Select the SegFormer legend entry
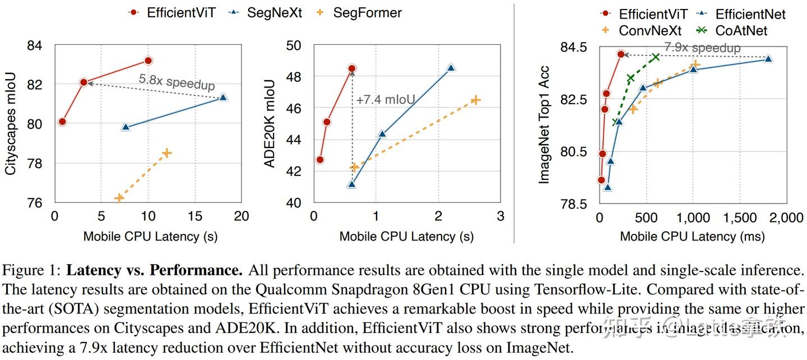tap(359, 12)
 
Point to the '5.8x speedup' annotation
tap(177, 82)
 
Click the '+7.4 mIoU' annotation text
tap(386, 100)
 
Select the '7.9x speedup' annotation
tap(702, 48)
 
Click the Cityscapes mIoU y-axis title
tap(10, 123)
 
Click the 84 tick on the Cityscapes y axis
tap(34, 45)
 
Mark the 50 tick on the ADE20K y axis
tap(294, 45)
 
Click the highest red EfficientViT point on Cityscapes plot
tap(148, 60)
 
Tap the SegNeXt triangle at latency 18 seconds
tap(223, 98)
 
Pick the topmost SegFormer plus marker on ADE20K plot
tap(475, 100)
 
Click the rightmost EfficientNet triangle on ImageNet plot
tap(768, 58)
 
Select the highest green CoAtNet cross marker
tap(655, 57)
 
